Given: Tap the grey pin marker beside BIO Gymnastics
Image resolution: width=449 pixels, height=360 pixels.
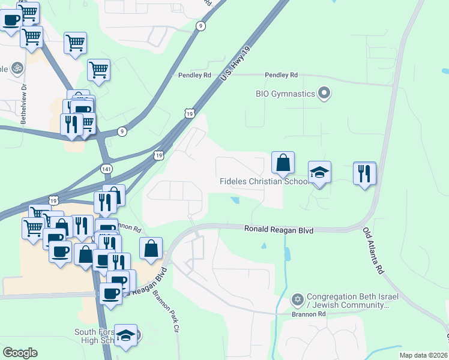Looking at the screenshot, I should (324, 93).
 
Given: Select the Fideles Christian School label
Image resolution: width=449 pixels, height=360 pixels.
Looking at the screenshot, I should (265, 181).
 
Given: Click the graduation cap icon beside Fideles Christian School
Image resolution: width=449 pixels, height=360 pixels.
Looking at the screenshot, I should (319, 172).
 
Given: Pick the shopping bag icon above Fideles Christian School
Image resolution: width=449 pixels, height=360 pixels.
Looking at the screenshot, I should (283, 163).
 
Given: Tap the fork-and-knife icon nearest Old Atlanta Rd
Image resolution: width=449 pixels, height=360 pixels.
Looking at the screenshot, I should (364, 173).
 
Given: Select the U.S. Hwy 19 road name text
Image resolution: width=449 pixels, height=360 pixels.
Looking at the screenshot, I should (234, 65).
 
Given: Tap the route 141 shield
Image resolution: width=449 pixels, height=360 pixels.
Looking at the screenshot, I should (106, 169).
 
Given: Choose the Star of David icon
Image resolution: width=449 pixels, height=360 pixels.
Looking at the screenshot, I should (297, 299).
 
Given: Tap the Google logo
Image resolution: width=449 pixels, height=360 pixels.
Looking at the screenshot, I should (20, 353).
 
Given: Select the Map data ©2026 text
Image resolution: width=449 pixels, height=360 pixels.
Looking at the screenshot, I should (423, 355).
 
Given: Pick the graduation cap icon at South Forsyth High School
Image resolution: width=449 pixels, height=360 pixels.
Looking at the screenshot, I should (125, 335).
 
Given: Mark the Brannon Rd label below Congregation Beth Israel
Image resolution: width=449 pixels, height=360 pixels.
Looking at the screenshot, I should (309, 314).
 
